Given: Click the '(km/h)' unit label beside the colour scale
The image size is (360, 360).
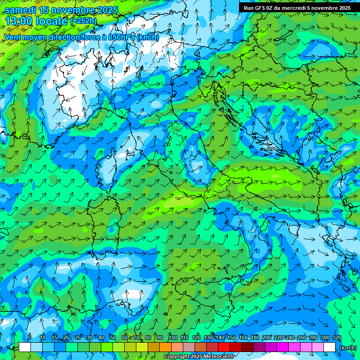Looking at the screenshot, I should point(348,347).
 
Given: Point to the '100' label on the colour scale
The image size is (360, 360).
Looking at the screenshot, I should point(173,338).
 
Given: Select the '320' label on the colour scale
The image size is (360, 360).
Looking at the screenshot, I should point(337,338).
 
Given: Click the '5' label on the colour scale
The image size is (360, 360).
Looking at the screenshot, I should point(30,338).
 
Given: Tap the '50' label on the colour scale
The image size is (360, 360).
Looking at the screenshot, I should point(113,338).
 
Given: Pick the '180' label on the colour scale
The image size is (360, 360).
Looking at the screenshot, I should point(255,338).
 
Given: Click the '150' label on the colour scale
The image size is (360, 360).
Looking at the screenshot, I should point(232,338).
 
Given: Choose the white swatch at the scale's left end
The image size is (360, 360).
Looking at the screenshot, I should point(25,347).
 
